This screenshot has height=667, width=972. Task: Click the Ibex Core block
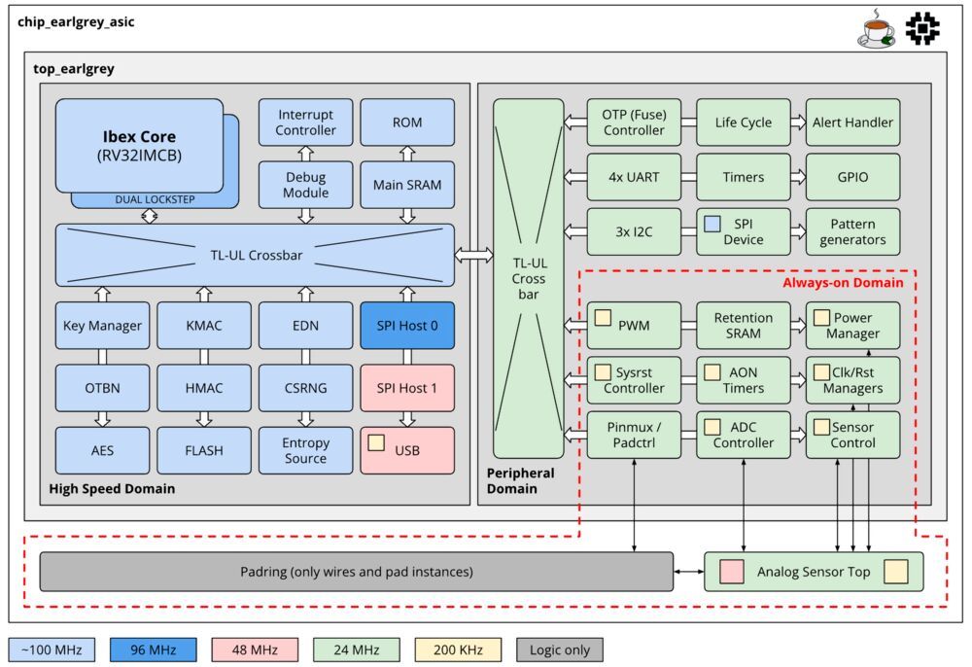pos(139,145)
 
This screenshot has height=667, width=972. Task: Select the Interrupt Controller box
pos(305,123)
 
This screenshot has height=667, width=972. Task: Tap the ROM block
pos(406,123)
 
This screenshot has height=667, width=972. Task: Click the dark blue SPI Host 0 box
pos(406,326)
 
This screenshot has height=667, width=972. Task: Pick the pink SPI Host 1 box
pos(406,388)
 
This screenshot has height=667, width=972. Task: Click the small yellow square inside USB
pos(376,442)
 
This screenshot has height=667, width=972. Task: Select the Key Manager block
pos(102,326)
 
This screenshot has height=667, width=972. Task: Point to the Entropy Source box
pos(305,450)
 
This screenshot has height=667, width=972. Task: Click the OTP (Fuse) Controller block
pos(634,123)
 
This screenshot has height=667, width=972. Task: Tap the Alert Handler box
pos(851,123)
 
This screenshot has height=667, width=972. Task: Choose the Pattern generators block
pos(851,231)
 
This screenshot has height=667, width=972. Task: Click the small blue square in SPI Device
pos(712,224)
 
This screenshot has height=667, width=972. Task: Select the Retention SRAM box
pos(743,326)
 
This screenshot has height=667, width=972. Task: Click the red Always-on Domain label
pos(843,283)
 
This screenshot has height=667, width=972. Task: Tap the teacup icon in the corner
pos(876,30)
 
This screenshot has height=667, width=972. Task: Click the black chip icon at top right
pos(922,29)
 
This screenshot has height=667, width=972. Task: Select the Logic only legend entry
pos(560,649)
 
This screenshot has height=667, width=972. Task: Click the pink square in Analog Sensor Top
pos(731,572)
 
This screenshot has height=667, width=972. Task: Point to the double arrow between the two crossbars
pos(473,255)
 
